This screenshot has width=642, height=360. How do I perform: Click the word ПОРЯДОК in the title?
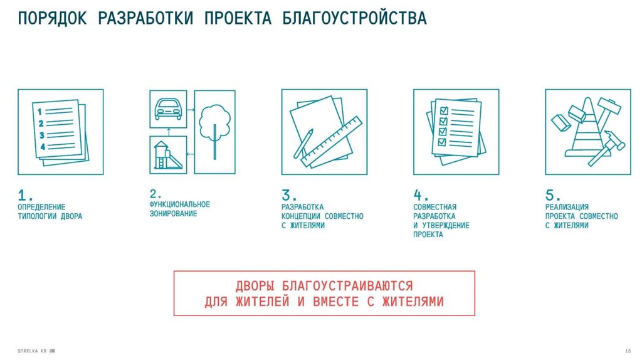click(x=52, y=18)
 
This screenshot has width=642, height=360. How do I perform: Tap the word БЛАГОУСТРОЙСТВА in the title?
click(x=355, y=18)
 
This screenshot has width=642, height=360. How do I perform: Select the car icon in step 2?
click(x=168, y=109)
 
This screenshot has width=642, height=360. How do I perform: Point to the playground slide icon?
click(x=168, y=155)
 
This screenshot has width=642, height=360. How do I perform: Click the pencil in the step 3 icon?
click(x=303, y=144)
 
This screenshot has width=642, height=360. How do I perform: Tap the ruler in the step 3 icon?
click(x=332, y=142)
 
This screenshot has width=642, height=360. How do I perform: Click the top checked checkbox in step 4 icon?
click(x=443, y=110)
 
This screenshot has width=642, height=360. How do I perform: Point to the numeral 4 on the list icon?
click(x=43, y=146)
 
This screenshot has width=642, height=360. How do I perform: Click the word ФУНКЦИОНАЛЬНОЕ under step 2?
click(x=179, y=204)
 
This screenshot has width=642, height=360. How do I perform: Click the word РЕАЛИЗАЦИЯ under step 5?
click(x=567, y=207)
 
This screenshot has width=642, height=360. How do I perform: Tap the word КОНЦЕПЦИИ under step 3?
click(x=300, y=216)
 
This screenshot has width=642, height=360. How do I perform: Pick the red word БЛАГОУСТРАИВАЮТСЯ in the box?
click(x=347, y=286)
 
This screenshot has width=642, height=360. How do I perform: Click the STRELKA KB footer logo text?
click(x=33, y=351)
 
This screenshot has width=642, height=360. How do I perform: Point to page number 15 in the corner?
click(x=628, y=351)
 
